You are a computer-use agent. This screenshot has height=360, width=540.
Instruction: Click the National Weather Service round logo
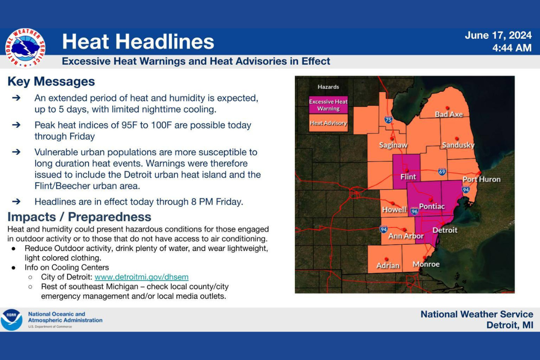click(25, 48)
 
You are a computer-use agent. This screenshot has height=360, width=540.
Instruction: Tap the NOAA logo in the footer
click(12, 320)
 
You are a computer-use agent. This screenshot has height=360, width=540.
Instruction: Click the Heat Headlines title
click(138, 42)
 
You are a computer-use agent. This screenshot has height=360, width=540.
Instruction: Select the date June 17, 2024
click(498, 36)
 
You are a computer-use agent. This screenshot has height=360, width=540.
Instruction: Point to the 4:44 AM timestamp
click(512, 48)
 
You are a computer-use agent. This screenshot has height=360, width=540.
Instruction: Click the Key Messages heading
click(51, 81)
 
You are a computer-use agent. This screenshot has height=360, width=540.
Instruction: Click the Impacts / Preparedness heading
click(79, 216)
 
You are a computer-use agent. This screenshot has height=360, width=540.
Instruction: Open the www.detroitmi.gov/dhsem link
click(141, 277)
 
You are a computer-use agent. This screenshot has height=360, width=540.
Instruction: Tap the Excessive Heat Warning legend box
click(328, 105)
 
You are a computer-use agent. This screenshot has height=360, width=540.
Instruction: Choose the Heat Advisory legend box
click(328, 123)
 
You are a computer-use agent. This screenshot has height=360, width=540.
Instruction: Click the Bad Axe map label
click(449, 114)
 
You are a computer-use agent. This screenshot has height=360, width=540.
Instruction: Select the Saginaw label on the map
click(393, 145)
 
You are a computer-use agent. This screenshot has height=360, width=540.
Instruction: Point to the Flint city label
click(408, 177)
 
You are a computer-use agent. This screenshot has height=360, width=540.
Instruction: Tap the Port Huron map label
click(481, 179)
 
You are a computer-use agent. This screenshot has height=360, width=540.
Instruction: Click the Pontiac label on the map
click(432, 206)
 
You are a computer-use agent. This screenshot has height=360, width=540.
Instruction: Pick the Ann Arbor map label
click(406, 236)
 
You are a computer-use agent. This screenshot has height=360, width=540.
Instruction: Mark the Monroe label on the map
click(426, 264)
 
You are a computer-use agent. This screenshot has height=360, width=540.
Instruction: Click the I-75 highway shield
click(388, 119)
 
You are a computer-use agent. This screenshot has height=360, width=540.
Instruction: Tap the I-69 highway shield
click(442, 171)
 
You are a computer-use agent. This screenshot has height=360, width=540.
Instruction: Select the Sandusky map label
click(458, 145)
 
